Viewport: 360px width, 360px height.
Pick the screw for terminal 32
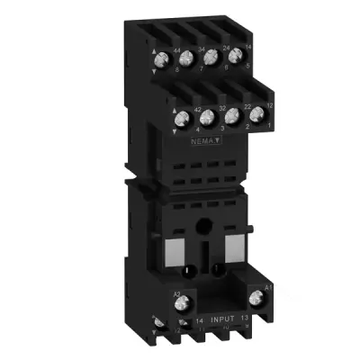coord(207,117)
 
